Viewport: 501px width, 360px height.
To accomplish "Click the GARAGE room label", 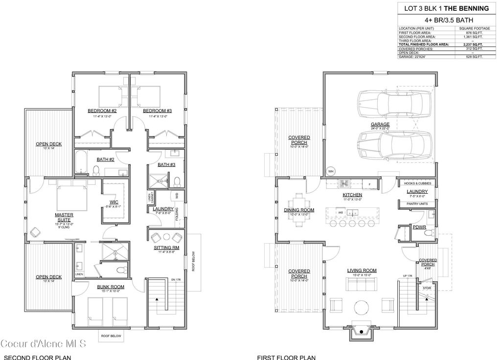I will tap(380, 124).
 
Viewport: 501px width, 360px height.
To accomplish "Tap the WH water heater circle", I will tap(330, 171).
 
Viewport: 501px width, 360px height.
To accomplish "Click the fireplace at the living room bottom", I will tap(362, 332).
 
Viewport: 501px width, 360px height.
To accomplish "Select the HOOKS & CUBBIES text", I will tap(417, 183).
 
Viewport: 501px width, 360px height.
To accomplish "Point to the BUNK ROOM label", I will tap(110, 287).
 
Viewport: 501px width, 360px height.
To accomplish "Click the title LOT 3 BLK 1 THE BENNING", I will tap(444, 8).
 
